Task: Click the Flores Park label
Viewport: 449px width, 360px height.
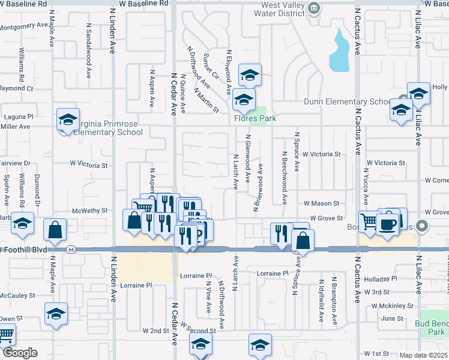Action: pyautogui.click(x=255, y=118)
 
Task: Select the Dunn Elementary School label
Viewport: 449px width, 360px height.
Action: pyautogui.click(x=347, y=102)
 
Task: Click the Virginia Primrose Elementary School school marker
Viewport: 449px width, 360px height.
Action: pyautogui.click(x=68, y=119)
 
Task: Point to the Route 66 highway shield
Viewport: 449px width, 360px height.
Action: pyautogui.click(x=71, y=249)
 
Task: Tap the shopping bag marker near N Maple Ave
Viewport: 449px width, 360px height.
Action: pyautogui.click(x=55, y=229)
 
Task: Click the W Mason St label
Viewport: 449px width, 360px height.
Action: pyautogui.click(x=321, y=203)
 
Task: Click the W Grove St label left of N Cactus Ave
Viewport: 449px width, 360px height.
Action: pyautogui.click(x=326, y=218)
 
